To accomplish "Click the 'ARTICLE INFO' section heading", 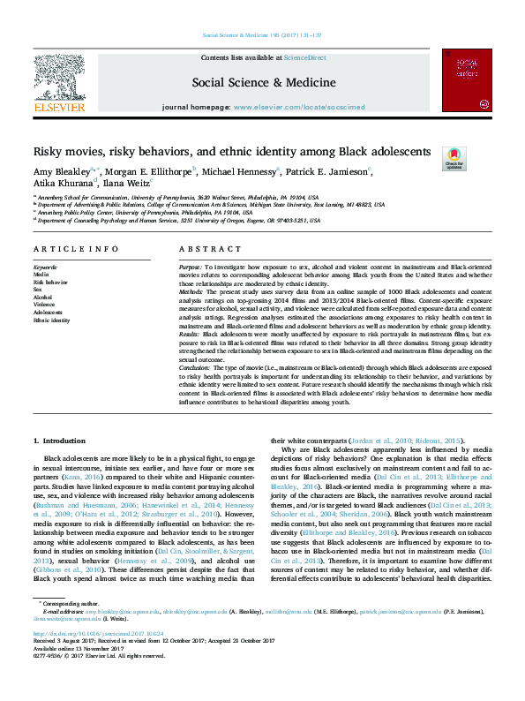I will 76,250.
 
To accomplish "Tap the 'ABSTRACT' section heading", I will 203,250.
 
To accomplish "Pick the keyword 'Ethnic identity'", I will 51,320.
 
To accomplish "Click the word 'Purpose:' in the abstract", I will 190,266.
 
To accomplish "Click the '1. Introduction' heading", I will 59,439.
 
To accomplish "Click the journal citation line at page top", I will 262,35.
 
